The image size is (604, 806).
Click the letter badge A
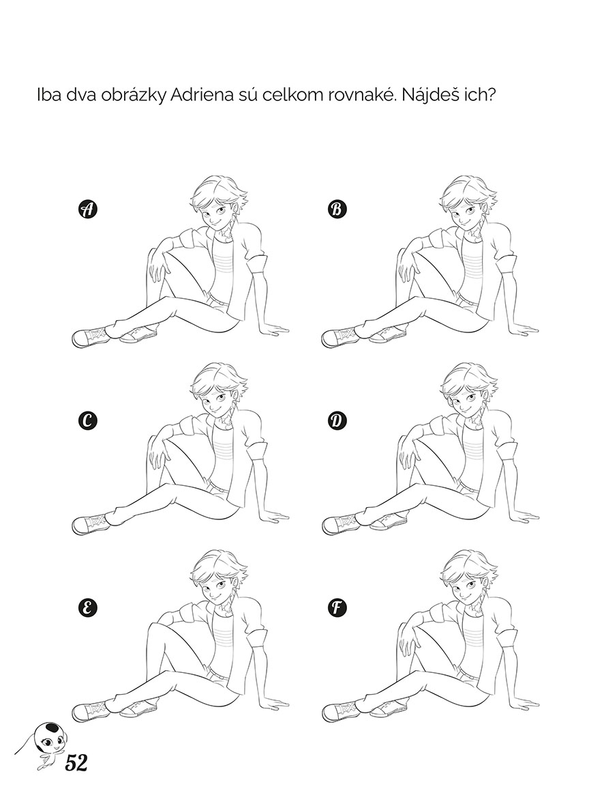click(x=88, y=210)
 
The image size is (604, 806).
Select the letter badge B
click(x=337, y=210)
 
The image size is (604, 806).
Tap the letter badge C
click(x=88, y=421)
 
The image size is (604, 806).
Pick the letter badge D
click(x=337, y=421)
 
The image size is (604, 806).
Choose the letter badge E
click(x=88, y=608)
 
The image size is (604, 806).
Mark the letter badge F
click(x=337, y=608)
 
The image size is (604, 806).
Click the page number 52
click(x=76, y=763)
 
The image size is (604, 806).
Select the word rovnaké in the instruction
click(x=354, y=96)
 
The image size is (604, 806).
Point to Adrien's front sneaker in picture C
click(x=91, y=523)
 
